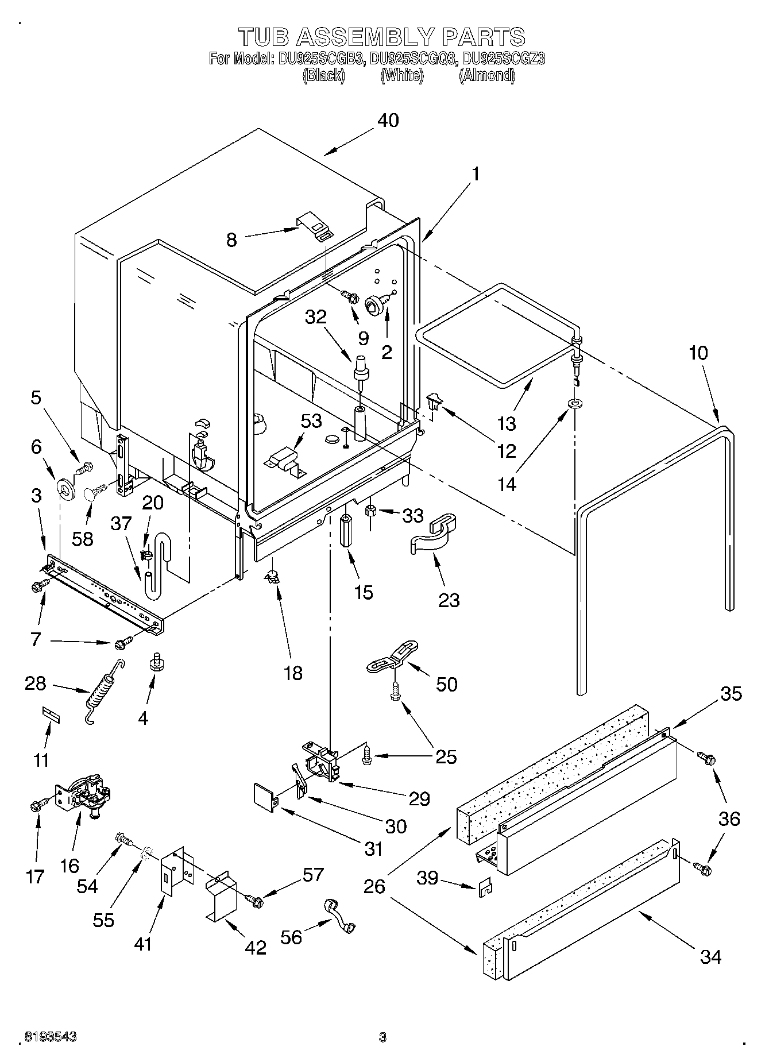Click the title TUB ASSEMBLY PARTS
coord(382,37)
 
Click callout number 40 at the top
coord(388,121)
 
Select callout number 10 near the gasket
coord(698,353)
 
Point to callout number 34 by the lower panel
coord(710,956)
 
